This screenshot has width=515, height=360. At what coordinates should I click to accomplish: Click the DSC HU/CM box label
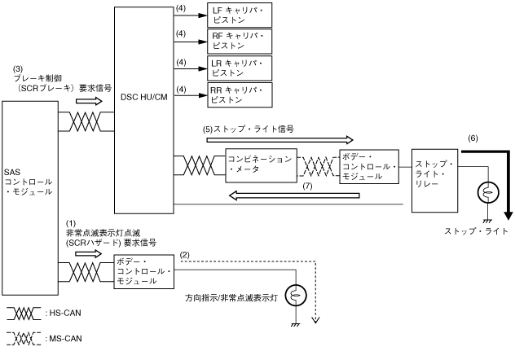(144, 97)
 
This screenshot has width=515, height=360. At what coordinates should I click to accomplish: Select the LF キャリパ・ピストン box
(240, 15)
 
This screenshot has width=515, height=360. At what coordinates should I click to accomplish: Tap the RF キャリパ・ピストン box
(240, 42)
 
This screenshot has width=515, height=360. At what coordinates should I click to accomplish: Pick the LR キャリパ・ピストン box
(240, 68)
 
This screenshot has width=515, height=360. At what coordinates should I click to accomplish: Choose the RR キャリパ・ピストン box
(240, 95)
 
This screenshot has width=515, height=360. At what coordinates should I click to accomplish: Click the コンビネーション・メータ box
(261, 165)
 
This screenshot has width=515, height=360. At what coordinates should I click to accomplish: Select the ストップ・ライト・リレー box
(435, 181)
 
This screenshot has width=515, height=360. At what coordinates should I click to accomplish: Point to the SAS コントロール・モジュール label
(29, 182)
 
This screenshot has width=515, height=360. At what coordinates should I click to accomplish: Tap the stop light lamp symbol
(488, 192)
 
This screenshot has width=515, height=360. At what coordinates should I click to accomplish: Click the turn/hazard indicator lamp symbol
(296, 296)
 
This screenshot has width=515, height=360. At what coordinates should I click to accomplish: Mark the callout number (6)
(473, 138)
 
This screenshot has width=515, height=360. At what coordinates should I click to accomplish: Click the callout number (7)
(307, 187)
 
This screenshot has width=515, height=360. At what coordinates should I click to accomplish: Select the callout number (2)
(185, 255)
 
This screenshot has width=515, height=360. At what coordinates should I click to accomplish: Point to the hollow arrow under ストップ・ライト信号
(280, 140)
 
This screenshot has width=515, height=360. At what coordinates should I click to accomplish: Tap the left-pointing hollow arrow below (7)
(294, 196)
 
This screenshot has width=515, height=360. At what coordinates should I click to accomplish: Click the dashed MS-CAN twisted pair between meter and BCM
(319, 166)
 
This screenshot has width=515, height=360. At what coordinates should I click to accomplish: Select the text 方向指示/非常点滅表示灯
(231, 298)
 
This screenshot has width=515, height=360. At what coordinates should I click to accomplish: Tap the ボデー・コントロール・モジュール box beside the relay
(369, 167)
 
